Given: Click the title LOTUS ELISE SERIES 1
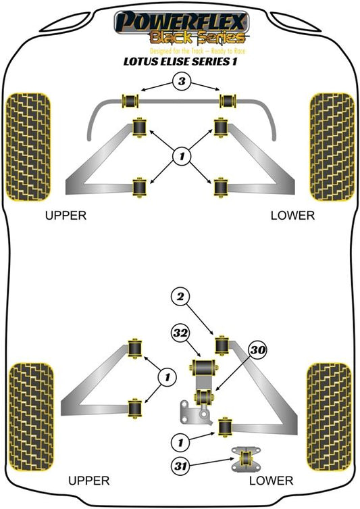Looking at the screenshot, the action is [x=180, y=61].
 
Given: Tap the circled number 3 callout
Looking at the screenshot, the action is [x=181, y=81].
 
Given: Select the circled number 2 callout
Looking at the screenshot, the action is [x=180, y=296].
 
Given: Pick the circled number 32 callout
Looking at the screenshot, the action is [x=180, y=333].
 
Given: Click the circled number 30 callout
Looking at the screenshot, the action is [x=258, y=350].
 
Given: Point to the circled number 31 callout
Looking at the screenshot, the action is [x=180, y=466].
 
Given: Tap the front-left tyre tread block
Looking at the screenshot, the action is [x=28, y=147].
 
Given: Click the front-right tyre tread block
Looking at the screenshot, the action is [x=332, y=147].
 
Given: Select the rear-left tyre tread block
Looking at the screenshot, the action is [x=31, y=417].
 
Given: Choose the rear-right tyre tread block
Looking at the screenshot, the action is [x=329, y=417].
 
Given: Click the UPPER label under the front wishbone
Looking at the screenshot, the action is [x=66, y=215].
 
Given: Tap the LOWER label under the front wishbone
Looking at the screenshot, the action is [x=292, y=215].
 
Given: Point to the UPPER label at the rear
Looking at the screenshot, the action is [x=89, y=481].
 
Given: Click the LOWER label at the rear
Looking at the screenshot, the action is [x=271, y=481].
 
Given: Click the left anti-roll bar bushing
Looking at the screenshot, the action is [x=130, y=101].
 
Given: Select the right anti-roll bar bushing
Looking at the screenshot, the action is [x=229, y=101].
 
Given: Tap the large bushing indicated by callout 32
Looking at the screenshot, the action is [x=203, y=367].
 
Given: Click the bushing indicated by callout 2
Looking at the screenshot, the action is [x=222, y=345].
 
